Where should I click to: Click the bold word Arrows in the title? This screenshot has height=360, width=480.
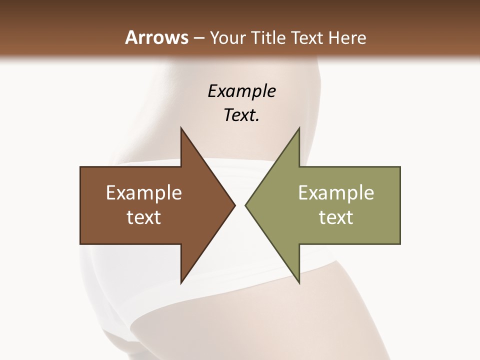(x=156, y=38)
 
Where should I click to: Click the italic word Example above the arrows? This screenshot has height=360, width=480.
(x=241, y=91)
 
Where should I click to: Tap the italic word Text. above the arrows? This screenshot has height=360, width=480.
(x=241, y=115)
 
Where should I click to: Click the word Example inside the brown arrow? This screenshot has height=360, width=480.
(x=144, y=193)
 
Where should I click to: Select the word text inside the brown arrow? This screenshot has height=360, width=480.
(x=144, y=217)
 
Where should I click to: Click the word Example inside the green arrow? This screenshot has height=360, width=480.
(x=336, y=193)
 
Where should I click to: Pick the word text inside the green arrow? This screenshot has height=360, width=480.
(x=336, y=217)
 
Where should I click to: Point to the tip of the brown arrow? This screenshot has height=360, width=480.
(x=233, y=205)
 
